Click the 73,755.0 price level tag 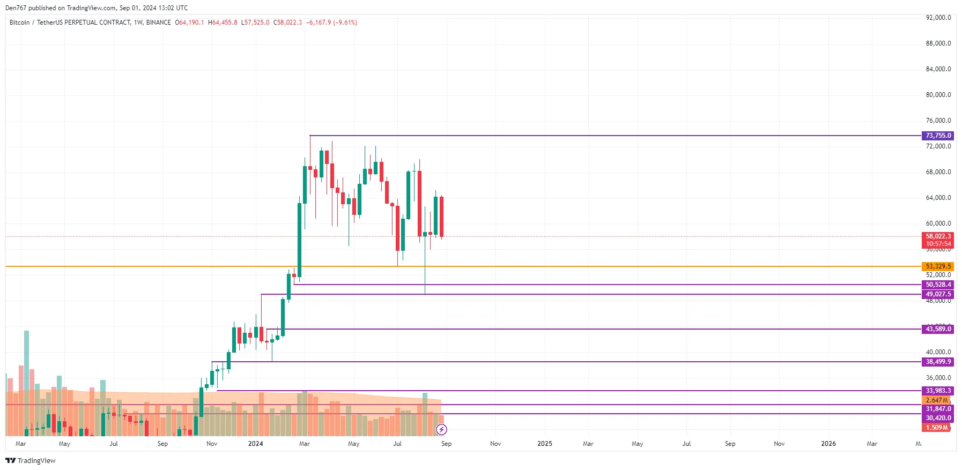[x=938, y=136]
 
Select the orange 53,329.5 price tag [x=938, y=266]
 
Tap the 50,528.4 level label [x=938, y=285]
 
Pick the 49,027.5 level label [x=938, y=294]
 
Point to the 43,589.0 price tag [x=938, y=329]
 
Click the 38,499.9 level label [x=938, y=362]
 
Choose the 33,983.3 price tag [x=938, y=391]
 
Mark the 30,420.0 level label [x=938, y=418]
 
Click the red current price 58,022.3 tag [x=938, y=236]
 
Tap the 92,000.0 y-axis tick [x=938, y=18]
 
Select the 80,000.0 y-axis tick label [x=938, y=95]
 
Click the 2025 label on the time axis [x=544, y=444]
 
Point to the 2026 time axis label [x=828, y=444]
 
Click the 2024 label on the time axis [x=255, y=444]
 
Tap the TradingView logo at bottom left [x=31, y=460]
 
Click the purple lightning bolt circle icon [x=441, y=429]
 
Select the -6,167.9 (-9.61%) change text [x=331, y=23]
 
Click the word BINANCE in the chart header [x=158, y=23]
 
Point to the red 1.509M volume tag [x=936, y=428]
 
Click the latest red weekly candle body [x=442, y=217]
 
